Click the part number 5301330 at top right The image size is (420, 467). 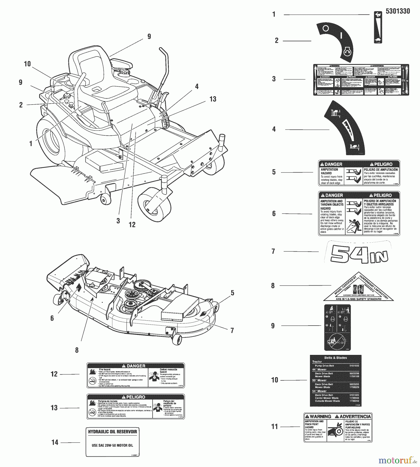[x=397, y=11]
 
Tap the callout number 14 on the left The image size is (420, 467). [x=55, y=442]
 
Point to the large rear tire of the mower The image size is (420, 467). [x=53, y=140]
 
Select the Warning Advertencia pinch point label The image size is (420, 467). [x=338, y=427]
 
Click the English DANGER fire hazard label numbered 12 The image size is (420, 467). [x=135, y=375]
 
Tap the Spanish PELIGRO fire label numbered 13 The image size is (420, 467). [x=135, y=407]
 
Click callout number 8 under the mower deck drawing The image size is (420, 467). [x=77, y=350]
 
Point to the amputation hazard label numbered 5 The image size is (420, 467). [x=359, y=173]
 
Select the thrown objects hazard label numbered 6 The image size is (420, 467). [x=359, y=214]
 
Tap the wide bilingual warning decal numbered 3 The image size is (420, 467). [x=361, y=80]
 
